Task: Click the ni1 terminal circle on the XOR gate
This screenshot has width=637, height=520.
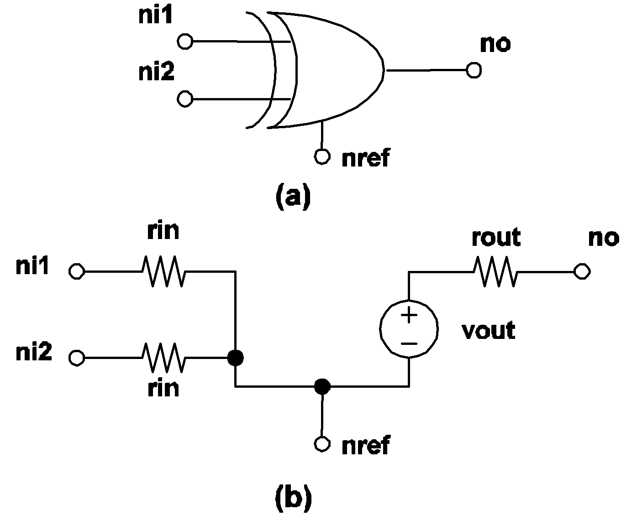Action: (184, 42)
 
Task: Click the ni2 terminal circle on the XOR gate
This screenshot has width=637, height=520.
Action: (184, 99)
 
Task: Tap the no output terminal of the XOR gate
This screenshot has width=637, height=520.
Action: (474, 71)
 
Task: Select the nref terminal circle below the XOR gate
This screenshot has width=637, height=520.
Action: (322, 157)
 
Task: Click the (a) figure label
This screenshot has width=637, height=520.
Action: (293, 196)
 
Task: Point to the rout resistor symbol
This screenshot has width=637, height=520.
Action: (496, 271)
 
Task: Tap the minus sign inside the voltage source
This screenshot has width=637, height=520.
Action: (409, 343)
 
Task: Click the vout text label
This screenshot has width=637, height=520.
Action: (489, 330)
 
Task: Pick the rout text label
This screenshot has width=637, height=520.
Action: (496, 238)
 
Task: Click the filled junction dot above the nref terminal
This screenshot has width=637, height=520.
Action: (322, 387)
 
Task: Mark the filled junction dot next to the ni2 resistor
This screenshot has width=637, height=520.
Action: (236, 358)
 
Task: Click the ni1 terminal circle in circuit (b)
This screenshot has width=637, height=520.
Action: (76, 271)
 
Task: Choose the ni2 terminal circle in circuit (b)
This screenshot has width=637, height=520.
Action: (76, 358)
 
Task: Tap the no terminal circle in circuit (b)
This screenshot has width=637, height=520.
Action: (582, 271)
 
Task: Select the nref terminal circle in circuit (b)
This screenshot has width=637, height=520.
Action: (322, 444)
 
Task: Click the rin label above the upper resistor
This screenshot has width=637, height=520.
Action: (163, 231)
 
